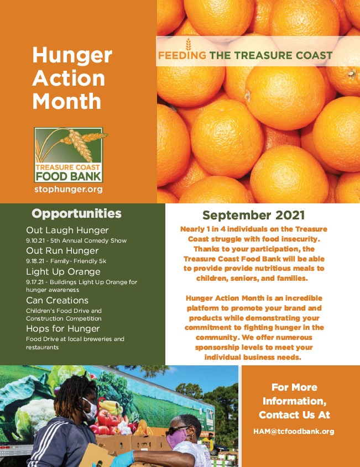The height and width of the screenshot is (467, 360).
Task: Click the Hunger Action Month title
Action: pyautogui.click(x=72, y=78)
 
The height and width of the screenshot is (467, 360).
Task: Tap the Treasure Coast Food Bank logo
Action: pyautogui.click(x=70, y=155)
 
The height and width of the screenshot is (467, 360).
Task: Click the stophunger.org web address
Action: pyautogui.click(x=69, y=190)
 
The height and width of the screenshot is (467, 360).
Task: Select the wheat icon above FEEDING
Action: pyautogui.click(x=188, y=44)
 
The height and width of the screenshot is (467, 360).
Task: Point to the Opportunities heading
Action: pyautogui.click(x=76, y=213)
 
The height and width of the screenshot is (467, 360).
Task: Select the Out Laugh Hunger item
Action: pyautogui.click(x=67, y=230)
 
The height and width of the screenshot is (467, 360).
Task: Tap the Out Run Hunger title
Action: pyautogui.click(x=62, y=251)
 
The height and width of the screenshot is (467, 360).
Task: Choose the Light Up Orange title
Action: pyautogui.click(x=63, y=271)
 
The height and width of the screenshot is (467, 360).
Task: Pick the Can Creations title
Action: pyautogui.click(x=57, y=300)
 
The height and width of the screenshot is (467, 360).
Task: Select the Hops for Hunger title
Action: pyautogui.click(x=63, y=328)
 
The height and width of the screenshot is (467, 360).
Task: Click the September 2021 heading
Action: pyautogui.click(x=254, y=215)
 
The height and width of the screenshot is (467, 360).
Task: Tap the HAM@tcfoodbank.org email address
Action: pyautogui.click(x=294, y=431)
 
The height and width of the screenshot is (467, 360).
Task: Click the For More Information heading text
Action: pyautogui.click(x=294, y=401)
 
